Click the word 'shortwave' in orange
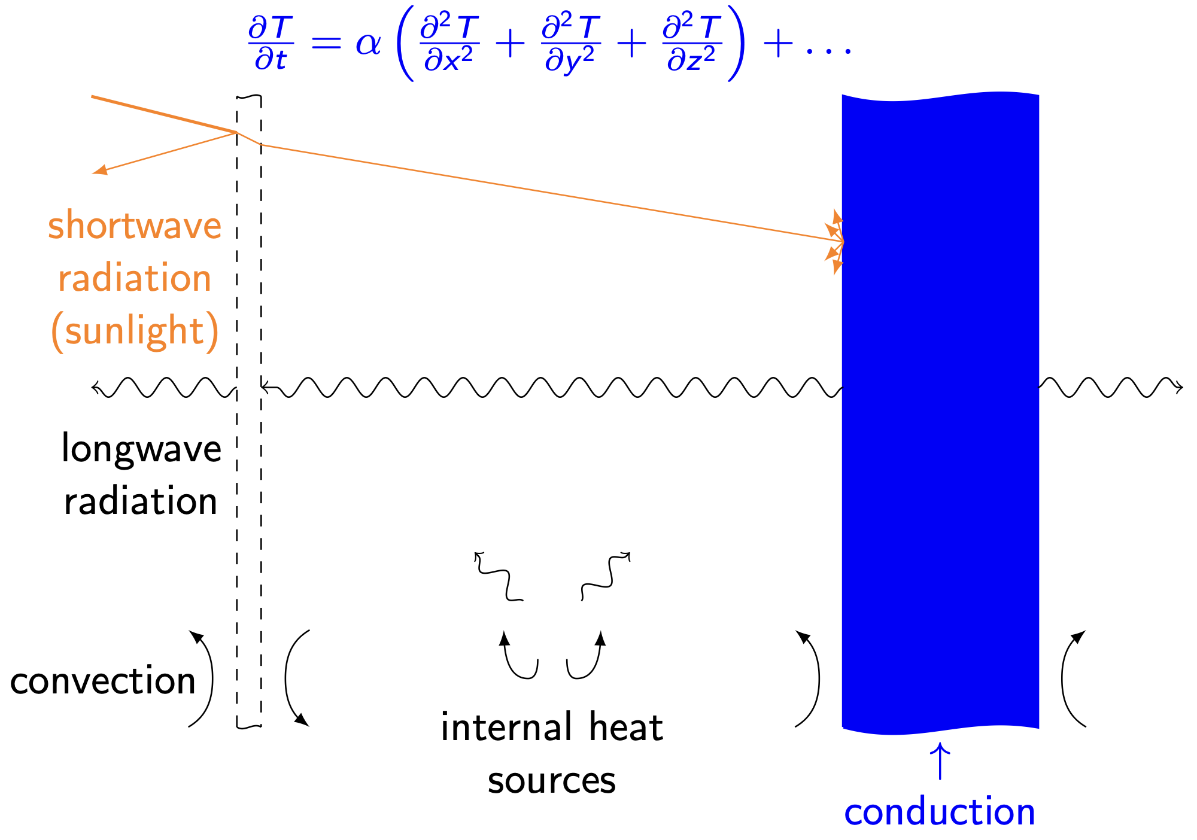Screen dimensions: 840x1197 coord(135,226)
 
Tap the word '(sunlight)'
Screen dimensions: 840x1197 coord(135,331)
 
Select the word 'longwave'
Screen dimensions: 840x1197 coord(141,449)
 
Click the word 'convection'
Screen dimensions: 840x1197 coord(103,681)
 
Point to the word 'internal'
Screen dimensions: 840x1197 coord(506,728)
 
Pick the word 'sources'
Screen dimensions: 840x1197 coord(551,781)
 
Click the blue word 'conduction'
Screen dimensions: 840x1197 coord(940,812)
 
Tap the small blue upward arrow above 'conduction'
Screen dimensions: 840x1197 coord(940,761)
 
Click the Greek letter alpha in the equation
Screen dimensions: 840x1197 coord(368,44)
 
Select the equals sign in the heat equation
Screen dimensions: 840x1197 coord(326,44)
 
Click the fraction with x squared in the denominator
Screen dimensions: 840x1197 coord(449,44)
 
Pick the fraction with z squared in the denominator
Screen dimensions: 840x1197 coord(692,44)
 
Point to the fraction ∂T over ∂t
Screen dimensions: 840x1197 coord(271,44)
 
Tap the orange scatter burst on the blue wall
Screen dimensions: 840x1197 coord(836,242)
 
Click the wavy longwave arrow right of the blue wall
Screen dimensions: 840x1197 coord(1110,388)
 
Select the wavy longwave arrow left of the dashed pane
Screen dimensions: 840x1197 coord(163,388)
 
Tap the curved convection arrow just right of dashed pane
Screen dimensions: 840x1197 coord(291,679)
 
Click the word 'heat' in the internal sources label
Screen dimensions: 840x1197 coord(625,728)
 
